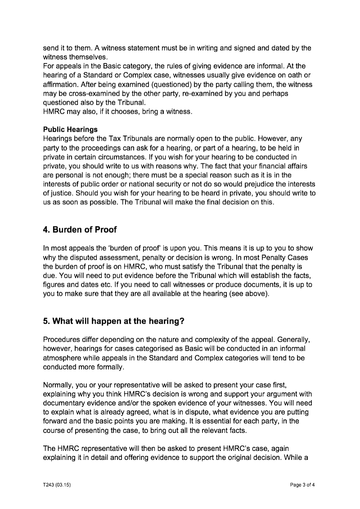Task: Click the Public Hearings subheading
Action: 70,129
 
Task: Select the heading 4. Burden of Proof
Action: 80,230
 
